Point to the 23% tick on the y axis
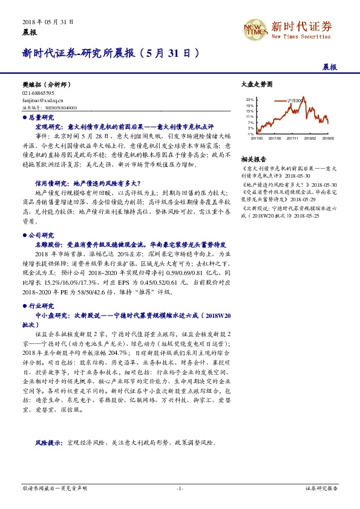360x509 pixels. click(250, 99)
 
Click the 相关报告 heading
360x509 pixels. click(253, 158)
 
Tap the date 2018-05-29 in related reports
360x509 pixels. click(301, 198)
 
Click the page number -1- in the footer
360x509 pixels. click(180, 488)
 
